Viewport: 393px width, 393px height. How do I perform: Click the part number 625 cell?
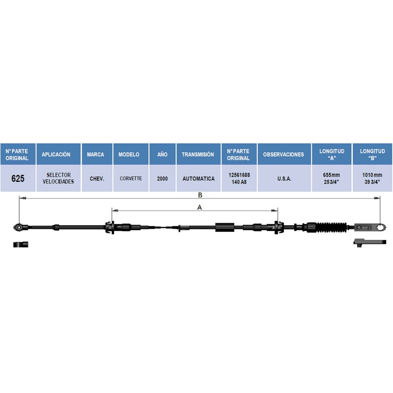[x=18, y=178]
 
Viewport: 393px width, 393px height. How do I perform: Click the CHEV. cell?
[x=97, y=178]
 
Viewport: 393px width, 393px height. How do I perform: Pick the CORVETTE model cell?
[x=131, y=178]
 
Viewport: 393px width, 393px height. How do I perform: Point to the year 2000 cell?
[x=162, y=178]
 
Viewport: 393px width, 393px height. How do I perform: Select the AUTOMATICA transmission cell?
[x=198, y=178]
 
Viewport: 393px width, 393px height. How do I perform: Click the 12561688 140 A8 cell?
[x=239, y=178]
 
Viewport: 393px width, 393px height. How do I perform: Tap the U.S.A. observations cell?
[x=284, y=178]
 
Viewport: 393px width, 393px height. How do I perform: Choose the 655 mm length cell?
[x=332, y=178]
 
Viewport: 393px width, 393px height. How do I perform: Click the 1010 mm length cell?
[x=372, y=178]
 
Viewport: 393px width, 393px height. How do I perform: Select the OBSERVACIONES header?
[x=284, y=154]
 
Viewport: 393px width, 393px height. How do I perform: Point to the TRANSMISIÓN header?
[x=198, y=154]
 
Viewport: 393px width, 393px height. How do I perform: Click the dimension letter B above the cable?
[x=200, y=195]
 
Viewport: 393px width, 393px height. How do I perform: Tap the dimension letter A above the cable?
[x=199, y=207]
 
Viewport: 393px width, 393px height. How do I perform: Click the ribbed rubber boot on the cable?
[x=331, y=227]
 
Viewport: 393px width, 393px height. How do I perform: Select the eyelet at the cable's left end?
[x=19, y=227]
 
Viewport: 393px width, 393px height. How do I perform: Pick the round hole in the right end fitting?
[x=380, y=227]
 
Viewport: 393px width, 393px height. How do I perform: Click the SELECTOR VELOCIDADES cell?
[x=59, y=178]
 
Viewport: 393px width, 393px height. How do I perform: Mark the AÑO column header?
[x=162, y=154]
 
